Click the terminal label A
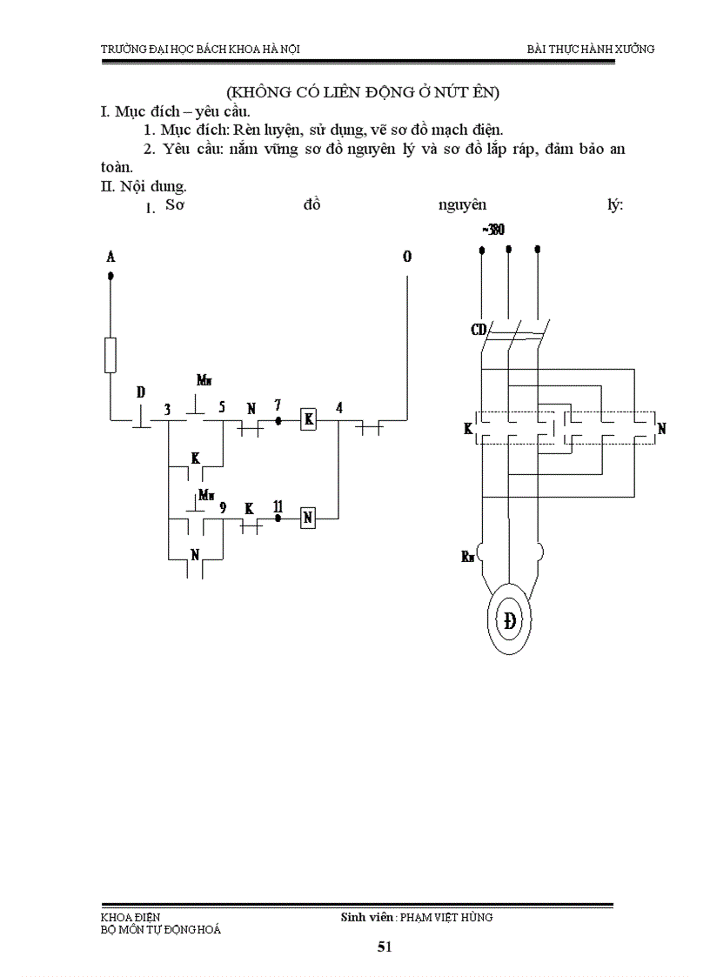click(x=111, y=257)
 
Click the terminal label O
click(x=407, y=257)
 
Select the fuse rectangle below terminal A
click(x=111, y=355)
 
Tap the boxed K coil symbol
click(x=307, y=419)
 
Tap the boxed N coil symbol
click(x=307, y=518)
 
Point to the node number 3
click(x=167, y=408)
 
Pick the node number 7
click(x=278, y=405)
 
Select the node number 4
click(x=338, y=406)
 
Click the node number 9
click(x=223, y=506)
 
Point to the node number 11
click(x=278, y=505)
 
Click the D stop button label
click(x=140, y=392)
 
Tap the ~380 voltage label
click(x=492, y=230)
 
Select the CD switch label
click(x=478, y=330)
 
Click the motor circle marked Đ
click(x=508, y=620)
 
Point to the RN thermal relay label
click(x=468, y=556)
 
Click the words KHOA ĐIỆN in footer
click(x=131, y=917)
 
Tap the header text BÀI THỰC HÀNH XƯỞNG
click(x=591, y=49)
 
